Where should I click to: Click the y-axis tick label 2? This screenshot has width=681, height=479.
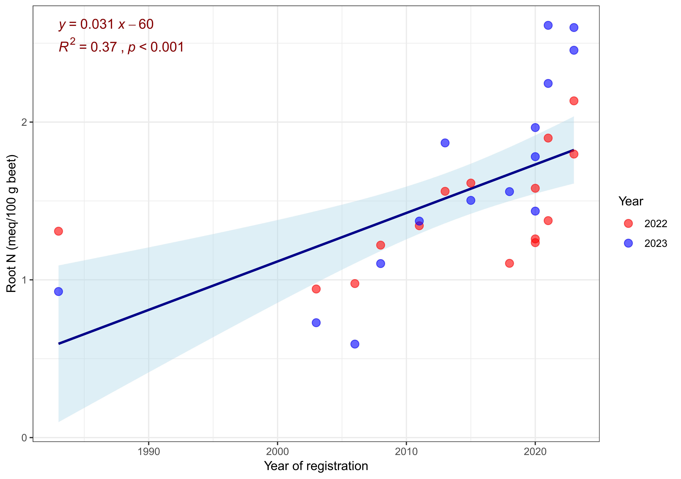click(24, 122)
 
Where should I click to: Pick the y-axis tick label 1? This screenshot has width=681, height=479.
click(24, 280)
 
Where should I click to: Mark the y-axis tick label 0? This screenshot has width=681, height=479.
click(24, 438)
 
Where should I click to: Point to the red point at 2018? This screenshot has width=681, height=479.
click(509, 263)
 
